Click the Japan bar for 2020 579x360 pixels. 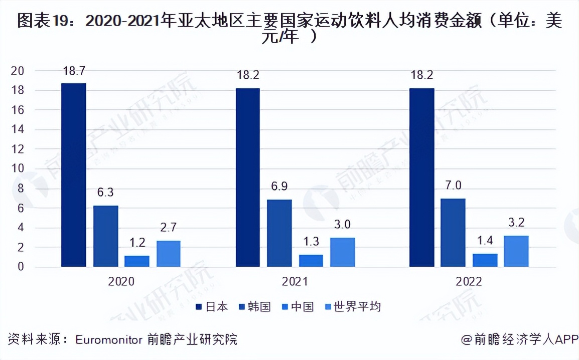click(x=74, y=175)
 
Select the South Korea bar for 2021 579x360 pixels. click(x=279, y=233)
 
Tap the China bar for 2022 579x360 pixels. click(x=485, y=260)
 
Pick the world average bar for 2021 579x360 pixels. click(x=342, y=252)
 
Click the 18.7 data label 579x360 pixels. click(x=74, y=71)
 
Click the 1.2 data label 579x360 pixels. click(x=137, y=243)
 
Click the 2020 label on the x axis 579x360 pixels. click(x=121, y=282)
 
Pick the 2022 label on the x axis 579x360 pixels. click(x=469, y=282)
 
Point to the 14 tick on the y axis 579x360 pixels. click(x=18, y=130)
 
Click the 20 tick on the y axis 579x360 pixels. click(x=18, y=71)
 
